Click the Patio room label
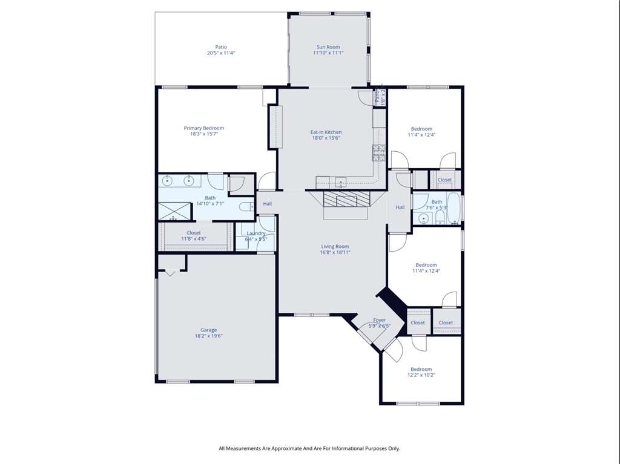(x=220, y=47)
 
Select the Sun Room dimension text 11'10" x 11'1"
(x=328, y=53)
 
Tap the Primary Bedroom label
(x=204, y=128)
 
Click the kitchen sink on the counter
(x=341, y=181)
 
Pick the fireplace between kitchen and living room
(x=345, y=200)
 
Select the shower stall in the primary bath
(x=174, y=211)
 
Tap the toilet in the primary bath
(x=245, y=207)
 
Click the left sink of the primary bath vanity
(x=169, y=180)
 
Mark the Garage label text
(x=208, y=330)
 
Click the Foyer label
(x=380, y=320)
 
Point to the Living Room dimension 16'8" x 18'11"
(x=335, y=252)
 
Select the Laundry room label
(x=256, y=234)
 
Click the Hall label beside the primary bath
(x=267, y=204)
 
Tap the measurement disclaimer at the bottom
(x=309, y=448)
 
